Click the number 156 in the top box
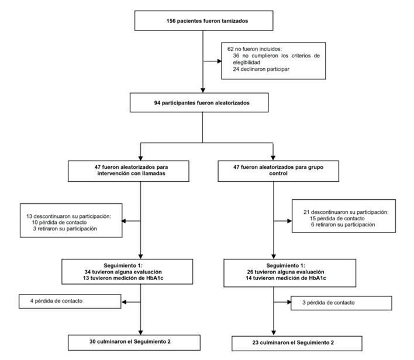tap(171, 21)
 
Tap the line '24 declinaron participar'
tap(261, 69)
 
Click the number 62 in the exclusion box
tap(230, 49)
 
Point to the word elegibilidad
tap(247, 63)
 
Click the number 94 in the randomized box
tap(157, 103)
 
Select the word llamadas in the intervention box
tap(154, 174)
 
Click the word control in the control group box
tap(278, 174)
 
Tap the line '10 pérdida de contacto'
tap(60, 223)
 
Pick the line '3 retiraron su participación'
tap(65, 229)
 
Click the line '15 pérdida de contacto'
tap(337, 219)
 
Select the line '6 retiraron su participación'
tap(343, 224)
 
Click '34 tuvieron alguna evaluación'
tap(123, 272)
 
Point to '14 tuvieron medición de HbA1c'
tap(286, 278)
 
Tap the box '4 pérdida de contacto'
tap(70, 302)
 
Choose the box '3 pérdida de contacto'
tap(341, 303)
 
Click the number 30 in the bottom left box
tap(92, 341)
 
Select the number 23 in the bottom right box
tap(256, 342)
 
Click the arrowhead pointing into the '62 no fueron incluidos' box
tap(219, 61)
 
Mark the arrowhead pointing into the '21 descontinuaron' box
tap(289, 221)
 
